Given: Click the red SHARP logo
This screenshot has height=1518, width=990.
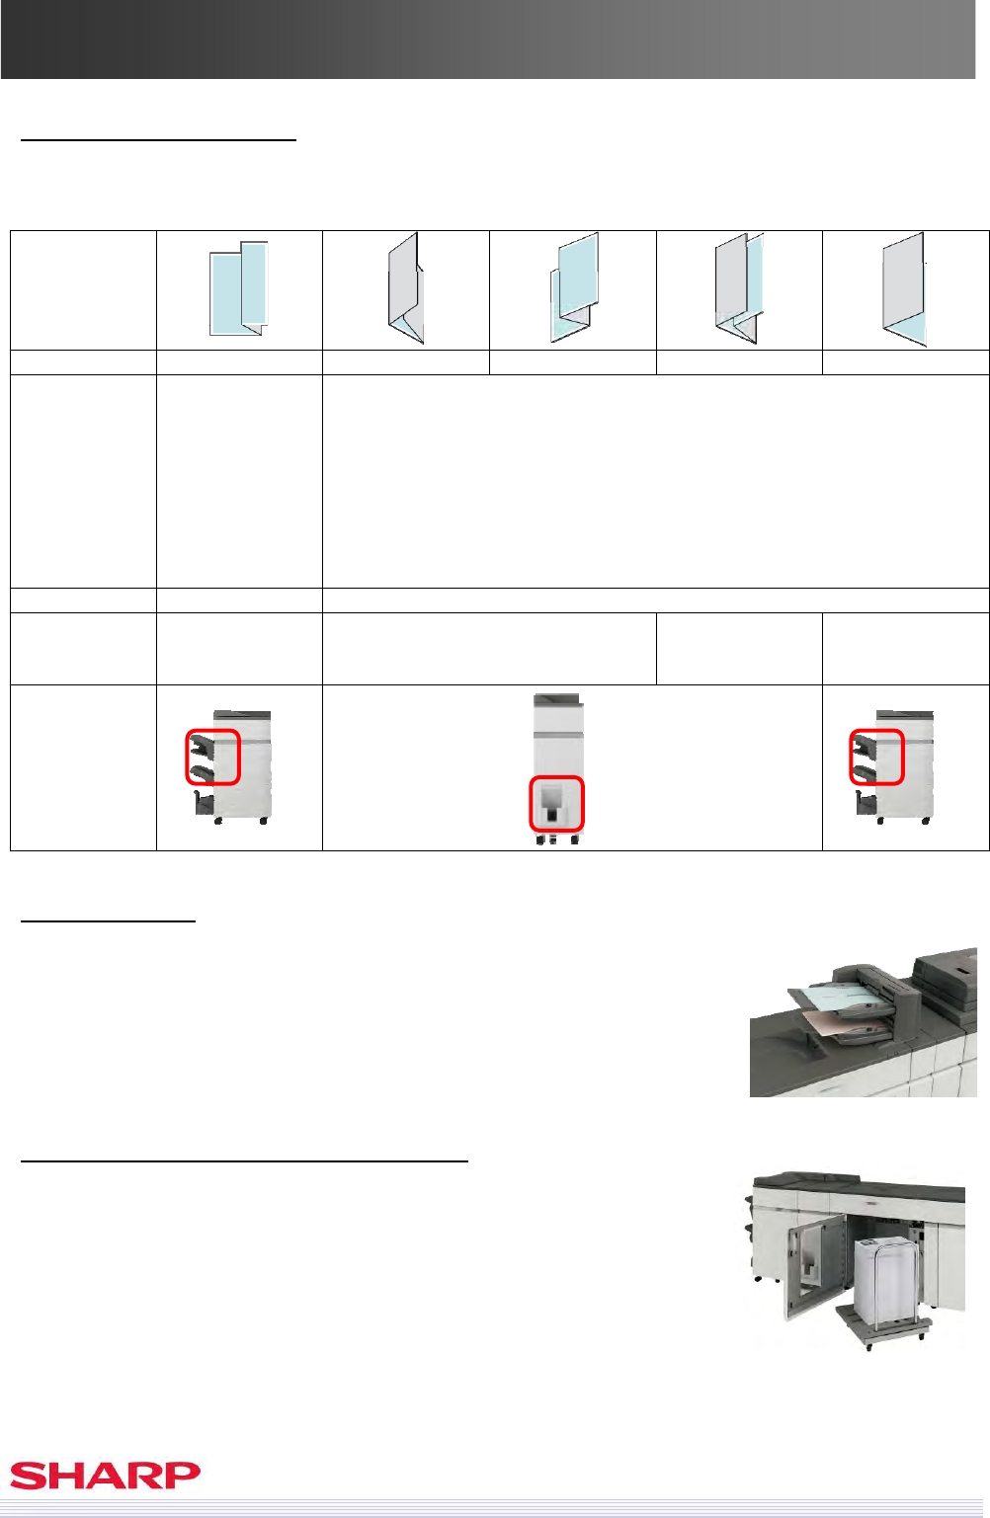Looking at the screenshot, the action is pos(105,1476).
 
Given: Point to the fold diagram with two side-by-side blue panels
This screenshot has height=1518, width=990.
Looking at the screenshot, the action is pos(239,288).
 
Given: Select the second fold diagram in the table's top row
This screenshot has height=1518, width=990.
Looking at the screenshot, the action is pos(405,288).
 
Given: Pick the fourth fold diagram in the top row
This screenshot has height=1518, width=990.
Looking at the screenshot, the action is pos(739,288).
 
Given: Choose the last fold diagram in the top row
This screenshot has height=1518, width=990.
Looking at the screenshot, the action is pos(905,289).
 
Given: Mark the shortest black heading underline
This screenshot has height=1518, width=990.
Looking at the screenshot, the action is pos(108,920).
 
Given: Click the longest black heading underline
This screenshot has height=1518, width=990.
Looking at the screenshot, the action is pos(244,1160).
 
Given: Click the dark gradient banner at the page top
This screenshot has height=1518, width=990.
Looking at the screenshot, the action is pos(488,40).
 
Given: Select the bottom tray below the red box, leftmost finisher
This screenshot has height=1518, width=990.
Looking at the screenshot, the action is pos(205,804).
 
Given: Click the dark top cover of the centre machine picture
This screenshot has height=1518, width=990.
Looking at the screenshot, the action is pos(556,698).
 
